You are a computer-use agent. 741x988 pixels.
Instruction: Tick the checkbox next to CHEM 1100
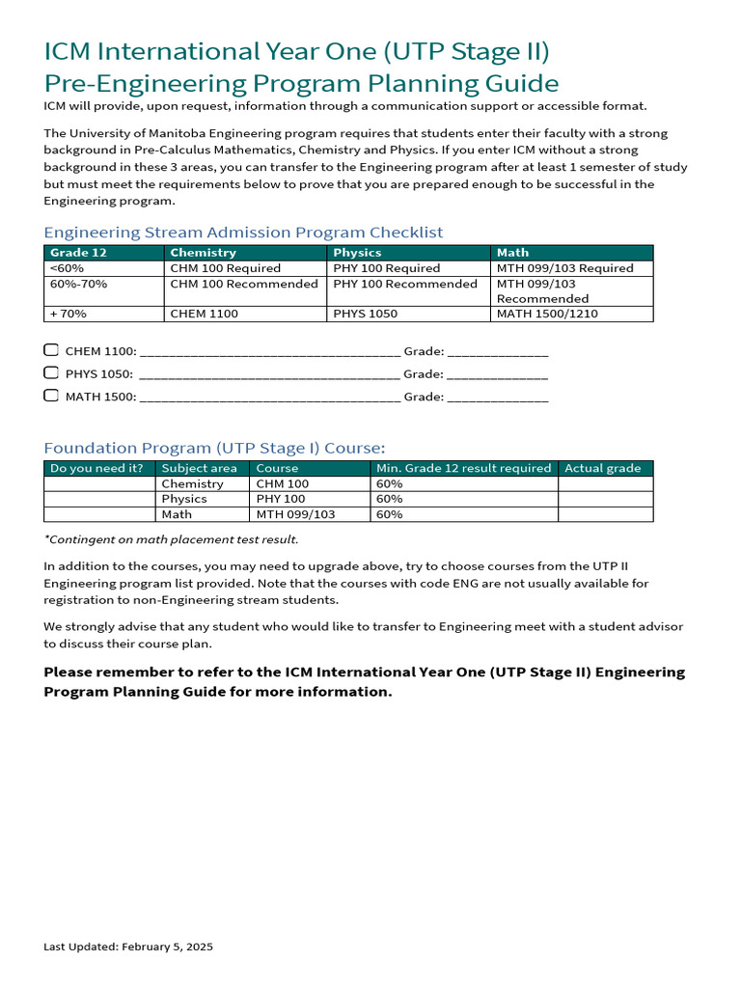(x=51, y=350)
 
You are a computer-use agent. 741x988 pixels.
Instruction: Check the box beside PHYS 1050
(x=51, y=372)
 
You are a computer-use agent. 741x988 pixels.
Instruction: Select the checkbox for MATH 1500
(x=51, y=396)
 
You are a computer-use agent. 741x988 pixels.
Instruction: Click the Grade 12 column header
(x=78, y=253)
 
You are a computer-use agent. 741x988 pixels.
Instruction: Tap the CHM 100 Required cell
(x=226, y=268)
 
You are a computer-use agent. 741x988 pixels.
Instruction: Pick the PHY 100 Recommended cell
(x=405, y=284)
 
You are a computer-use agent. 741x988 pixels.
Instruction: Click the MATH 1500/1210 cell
(x=547, y=314)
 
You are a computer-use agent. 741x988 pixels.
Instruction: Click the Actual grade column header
(x=602, y=468)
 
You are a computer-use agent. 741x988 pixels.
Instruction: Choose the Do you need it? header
(x=96, y=468)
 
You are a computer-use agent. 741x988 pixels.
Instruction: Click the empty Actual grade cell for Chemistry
(x=605, y=483)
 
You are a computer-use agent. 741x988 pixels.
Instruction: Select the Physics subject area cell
(x=184, y=499)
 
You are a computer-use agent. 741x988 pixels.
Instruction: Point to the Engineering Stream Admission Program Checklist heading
(x=243, y=232)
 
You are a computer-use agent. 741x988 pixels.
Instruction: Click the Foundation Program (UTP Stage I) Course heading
(x=214, y=448)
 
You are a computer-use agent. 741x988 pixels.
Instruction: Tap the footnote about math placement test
(x=171, y=539)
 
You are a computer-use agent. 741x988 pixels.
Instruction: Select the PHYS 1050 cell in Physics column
(x=365, y=314)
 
